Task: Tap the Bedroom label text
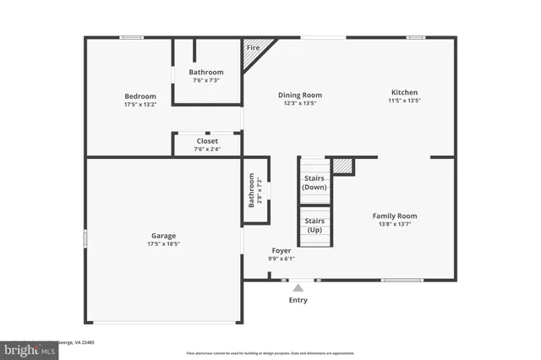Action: click(x=140, y=96)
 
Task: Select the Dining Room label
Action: click(x=300, y=95)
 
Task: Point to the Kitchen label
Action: click(x=404, y=92)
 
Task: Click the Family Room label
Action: click(x=395, y=215)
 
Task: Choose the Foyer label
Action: click(x=281, y=251)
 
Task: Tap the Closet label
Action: click(x=207, y=141)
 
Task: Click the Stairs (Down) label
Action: click(x=314, y=183)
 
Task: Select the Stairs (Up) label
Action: click(x=314, y=226)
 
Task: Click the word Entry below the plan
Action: click(x=298, y=300)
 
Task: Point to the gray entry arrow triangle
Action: click(x=298, y=287)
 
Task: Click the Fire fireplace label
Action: click(x=252, y=48)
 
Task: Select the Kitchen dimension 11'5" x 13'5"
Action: click(x=404, y=101)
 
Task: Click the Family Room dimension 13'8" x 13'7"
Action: click(x=395, y=224)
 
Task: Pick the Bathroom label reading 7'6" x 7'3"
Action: click(x=206, y=80)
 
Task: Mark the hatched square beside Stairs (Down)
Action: click(x=342, y=166)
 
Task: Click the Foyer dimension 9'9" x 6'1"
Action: click(x=281, y=259)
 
